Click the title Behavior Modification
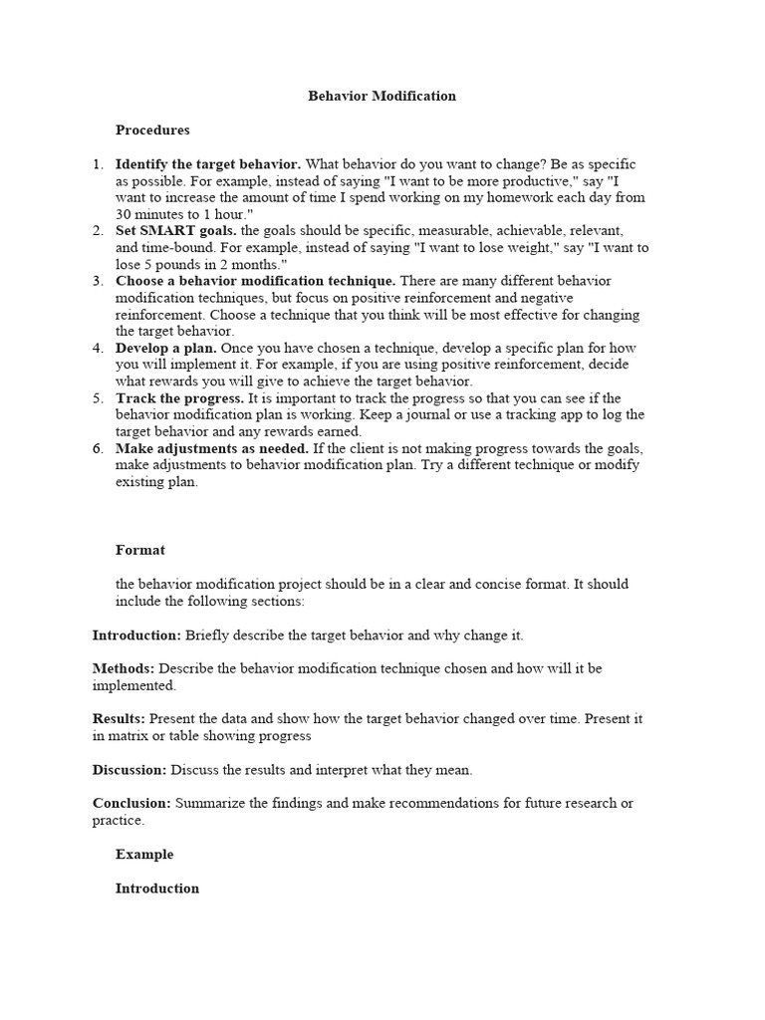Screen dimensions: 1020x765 382,97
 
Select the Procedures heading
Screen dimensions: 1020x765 152,129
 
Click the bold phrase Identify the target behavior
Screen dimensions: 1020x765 208,163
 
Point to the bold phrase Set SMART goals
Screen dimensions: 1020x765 175,231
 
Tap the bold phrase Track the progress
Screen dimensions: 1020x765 178,398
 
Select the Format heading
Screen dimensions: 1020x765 140,550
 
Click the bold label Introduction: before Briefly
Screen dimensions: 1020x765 136,635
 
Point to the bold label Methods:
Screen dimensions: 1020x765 124,668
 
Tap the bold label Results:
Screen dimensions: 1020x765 120,718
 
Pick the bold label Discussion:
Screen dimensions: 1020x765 129,769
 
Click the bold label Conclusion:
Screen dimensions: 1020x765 131,803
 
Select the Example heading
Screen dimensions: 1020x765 144,855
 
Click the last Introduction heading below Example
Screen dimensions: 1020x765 157,889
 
